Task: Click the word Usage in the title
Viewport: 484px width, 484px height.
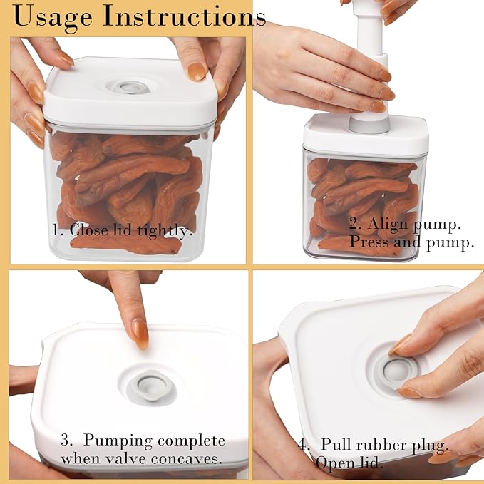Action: pyautogui.click(x=53, y=16)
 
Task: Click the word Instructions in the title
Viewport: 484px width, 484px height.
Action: pyautogui.click(x=181, y=16)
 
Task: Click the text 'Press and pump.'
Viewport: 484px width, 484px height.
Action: pyautogui.click(x=411, y=242)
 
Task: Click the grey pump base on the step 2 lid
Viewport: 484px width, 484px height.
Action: pyautogui.click(x=368, y=124)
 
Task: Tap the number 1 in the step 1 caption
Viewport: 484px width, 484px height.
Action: pyautogui.click(x=55, y=231)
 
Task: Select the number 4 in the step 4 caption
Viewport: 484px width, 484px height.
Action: pyautogui.click(x=302, y=446)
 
